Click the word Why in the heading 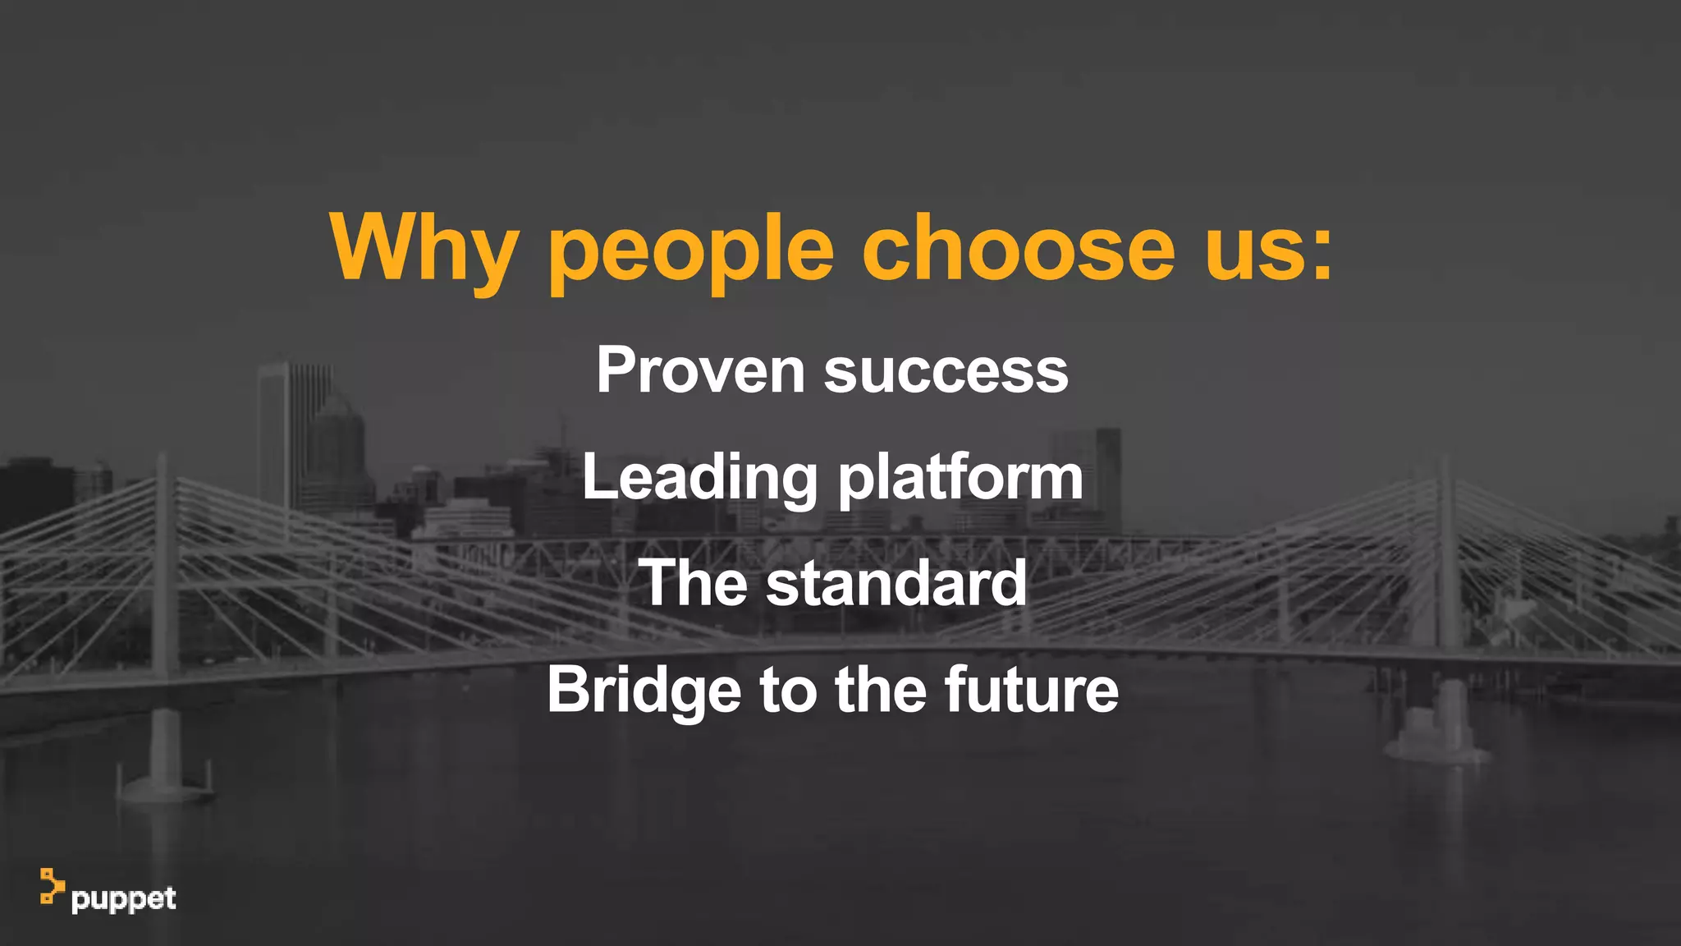tap(424, 247)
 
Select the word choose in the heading tap(1019, 247)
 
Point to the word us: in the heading tap(1269, 247)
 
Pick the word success tap(946, 371)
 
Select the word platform tap(960, 478)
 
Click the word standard tap(895, 583)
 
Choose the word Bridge tap(644, 690)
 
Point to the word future tap(1031, 690)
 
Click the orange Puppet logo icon tap(52, 886)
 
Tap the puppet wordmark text tap(123, 899)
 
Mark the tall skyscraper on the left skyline tap(275, 435)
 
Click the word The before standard tap(693, 583)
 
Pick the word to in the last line tap(787, 690)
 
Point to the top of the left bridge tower tap(163, 460)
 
